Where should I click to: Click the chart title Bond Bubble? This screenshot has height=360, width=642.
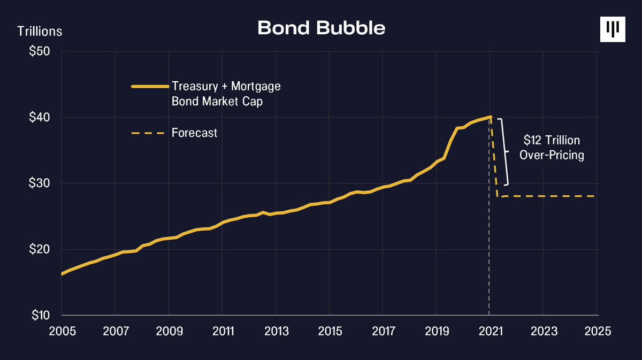coord(321,28)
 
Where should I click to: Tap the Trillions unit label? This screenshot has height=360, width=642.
coord(40,31)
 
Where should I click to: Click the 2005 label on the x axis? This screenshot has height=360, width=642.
coord(62,331)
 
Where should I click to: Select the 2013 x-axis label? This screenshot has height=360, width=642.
coord(276,331)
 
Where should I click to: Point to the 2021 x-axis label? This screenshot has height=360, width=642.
coord(490,331)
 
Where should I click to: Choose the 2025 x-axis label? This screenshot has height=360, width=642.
coord(597,331)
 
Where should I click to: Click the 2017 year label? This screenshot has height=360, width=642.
coord(383,331)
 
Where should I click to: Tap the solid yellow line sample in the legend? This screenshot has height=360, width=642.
coord(149,86)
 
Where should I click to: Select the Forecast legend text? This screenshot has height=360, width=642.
coord(194,133)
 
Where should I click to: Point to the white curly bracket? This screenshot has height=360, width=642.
coord(504,151)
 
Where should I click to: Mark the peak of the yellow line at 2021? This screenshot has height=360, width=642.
coord(490,117)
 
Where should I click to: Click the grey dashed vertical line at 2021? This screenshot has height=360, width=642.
coord(490,241)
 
